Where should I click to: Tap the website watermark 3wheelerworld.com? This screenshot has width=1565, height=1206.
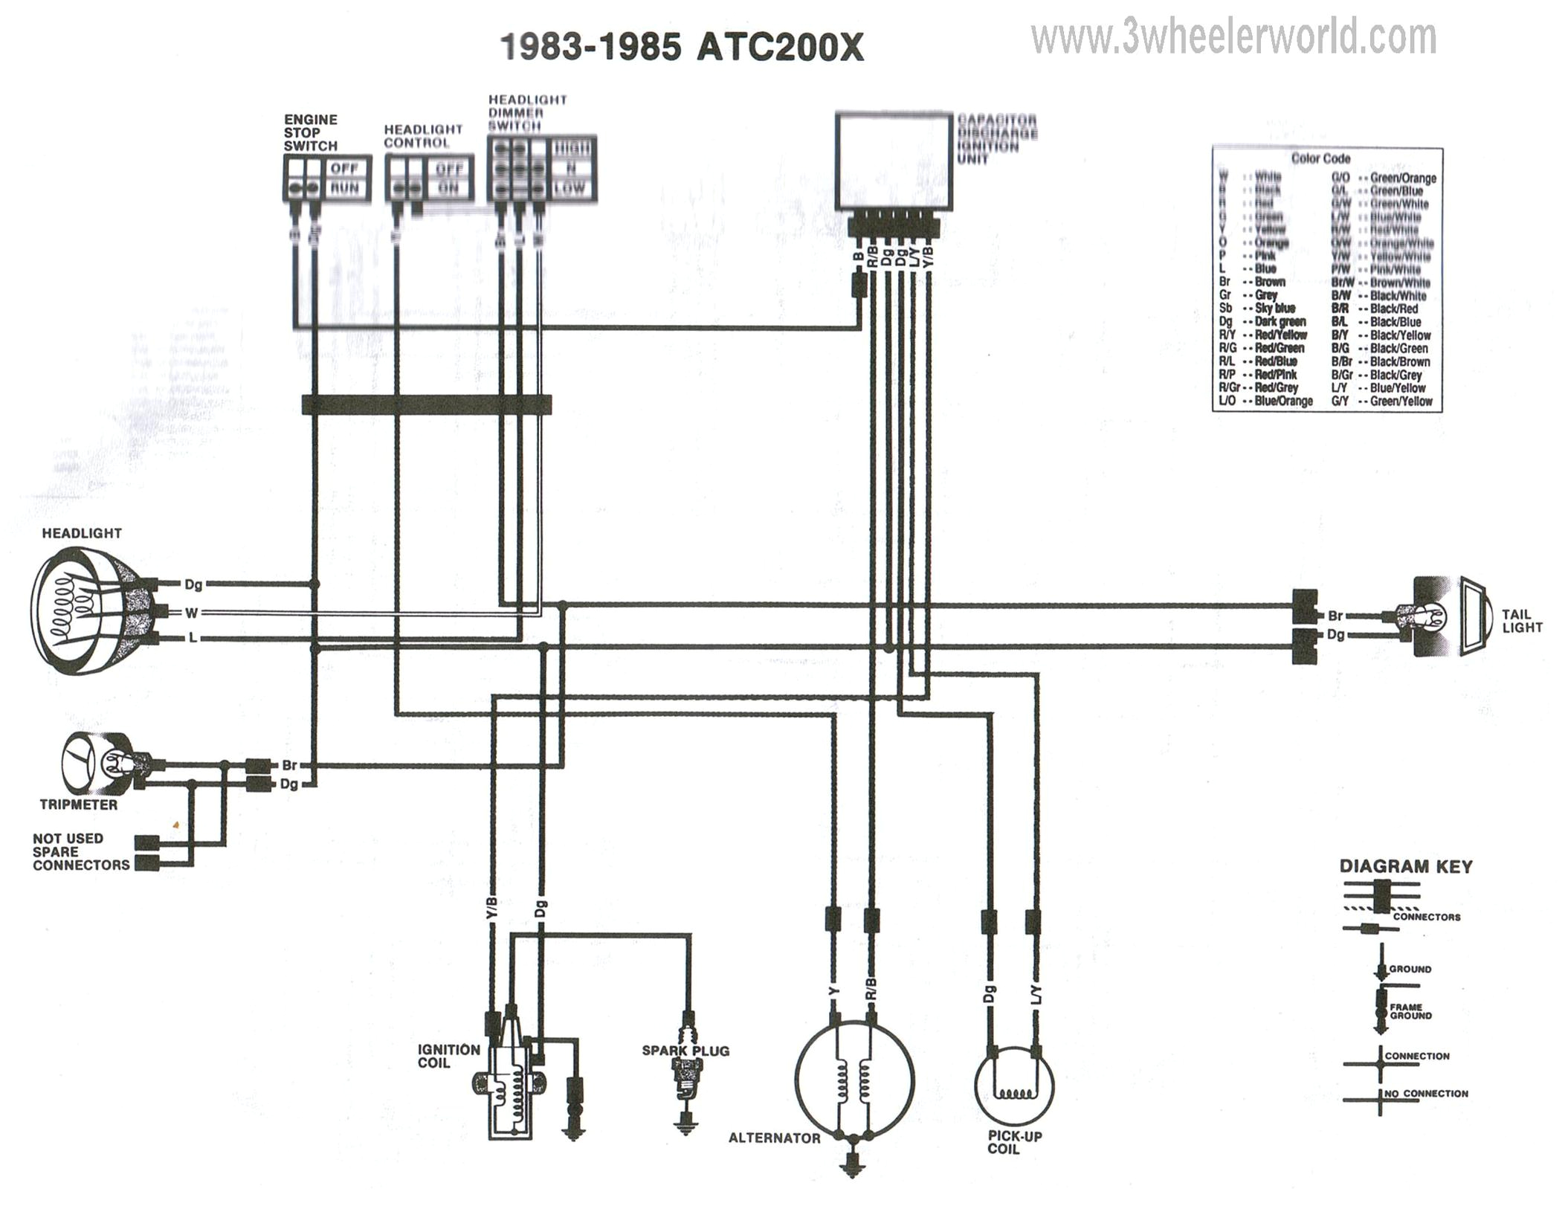pyautogui.click(x=1233, y=36)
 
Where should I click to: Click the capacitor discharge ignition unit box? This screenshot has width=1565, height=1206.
pyautogui.click(x=893, y=161)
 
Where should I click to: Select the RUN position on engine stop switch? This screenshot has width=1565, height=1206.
pyautogui.click(x=344, y=188)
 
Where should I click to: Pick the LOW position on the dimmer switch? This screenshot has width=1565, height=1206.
pyautogui.click(x=569, y=188)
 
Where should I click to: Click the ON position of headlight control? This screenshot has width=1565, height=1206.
pyautogui.click(x=448, y=188)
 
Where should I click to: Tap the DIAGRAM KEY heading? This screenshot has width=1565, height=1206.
pyautogui.click(x=1405, y=866)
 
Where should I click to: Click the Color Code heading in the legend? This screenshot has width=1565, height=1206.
pyautogui.click(x=1320, y=158)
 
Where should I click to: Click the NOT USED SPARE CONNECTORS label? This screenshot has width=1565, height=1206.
pyautogui.click(x=80, y=851)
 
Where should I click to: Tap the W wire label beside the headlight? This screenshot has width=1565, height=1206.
pyautogui.click(x=192, y=613)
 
